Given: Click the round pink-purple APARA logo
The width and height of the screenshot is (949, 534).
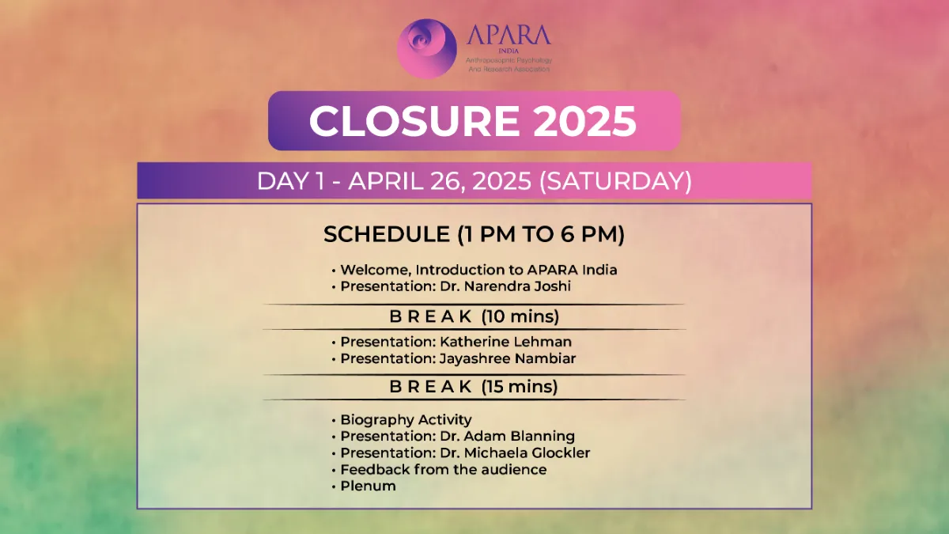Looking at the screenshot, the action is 427,48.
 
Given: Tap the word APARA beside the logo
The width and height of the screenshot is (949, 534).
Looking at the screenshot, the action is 509,35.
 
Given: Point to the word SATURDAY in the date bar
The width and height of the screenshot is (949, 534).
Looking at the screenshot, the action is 615,181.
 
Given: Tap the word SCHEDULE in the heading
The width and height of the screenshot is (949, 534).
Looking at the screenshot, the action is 387,234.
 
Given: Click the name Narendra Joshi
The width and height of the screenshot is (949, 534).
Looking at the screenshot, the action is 518,286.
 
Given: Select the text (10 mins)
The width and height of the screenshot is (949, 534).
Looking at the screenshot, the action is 520,317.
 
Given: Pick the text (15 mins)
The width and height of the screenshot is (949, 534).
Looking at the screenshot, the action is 520,387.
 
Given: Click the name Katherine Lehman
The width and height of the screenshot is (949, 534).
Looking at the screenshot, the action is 505,342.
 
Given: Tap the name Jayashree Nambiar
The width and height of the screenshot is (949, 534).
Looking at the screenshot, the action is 508,359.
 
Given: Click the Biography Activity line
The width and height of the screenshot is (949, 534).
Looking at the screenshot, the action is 406,420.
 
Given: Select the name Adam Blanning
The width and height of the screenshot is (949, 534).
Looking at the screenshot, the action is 520,436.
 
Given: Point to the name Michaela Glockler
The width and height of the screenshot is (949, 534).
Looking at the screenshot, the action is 527,453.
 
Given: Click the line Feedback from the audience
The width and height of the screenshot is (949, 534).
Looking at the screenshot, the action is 444,470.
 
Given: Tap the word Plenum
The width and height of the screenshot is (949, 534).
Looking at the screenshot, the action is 369,486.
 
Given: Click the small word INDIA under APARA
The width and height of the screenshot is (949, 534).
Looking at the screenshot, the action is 509,51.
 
